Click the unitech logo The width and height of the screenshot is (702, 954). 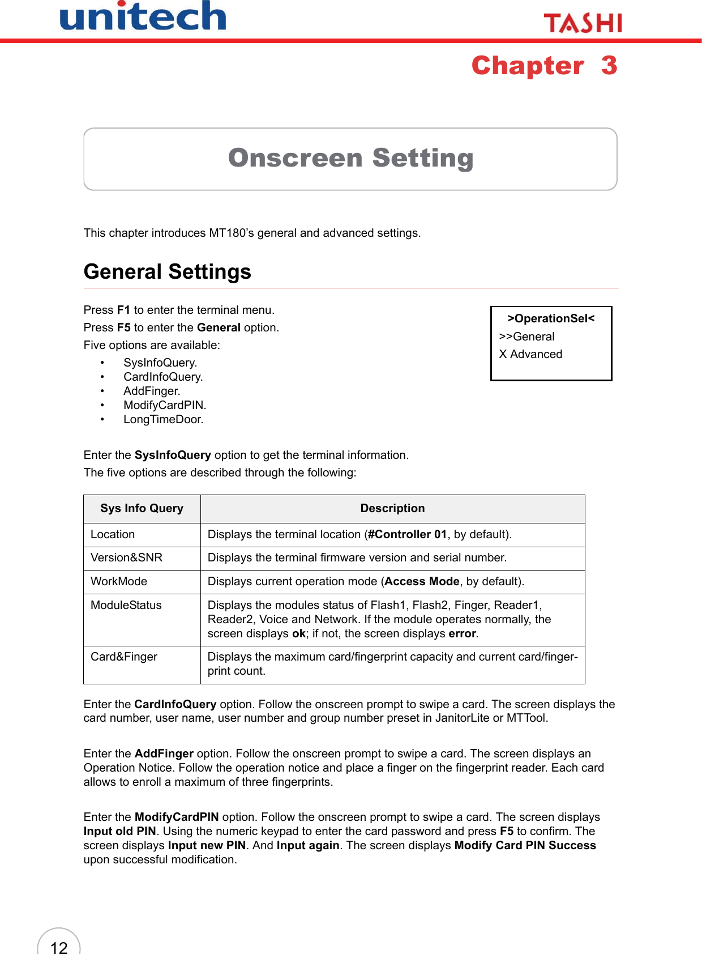[x=143, y=17]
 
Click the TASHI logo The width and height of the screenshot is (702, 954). [x=583, y=23]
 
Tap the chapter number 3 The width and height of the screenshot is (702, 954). [x=609, y=66]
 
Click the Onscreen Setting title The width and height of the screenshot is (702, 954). [x=350, y=158]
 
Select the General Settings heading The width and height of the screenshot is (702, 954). [x=167, y=272]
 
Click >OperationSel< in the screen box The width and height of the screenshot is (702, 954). [x=551, y=318]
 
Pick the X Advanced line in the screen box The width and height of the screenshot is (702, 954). [x=530, y=354]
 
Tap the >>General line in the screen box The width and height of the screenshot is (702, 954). [x=526, y=337]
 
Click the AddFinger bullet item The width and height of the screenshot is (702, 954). [x=152, y=391]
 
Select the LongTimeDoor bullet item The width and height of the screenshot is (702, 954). [x=163, y=419]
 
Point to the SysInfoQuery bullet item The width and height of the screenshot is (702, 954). [x=160, y=363]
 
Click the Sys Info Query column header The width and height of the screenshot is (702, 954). [x=142, y=508]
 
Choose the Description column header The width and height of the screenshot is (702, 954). [x=392, y=508]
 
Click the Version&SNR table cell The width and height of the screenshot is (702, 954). [x=126, y=557]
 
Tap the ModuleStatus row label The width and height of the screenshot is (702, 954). [x=126, y=605]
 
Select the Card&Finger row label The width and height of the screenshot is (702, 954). [x=124, y=657]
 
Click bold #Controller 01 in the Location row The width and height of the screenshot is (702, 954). [x=407, y=534]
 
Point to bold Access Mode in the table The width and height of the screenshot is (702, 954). [x=422, y=581]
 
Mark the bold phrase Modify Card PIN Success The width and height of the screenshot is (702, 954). [x=525, y=845]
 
